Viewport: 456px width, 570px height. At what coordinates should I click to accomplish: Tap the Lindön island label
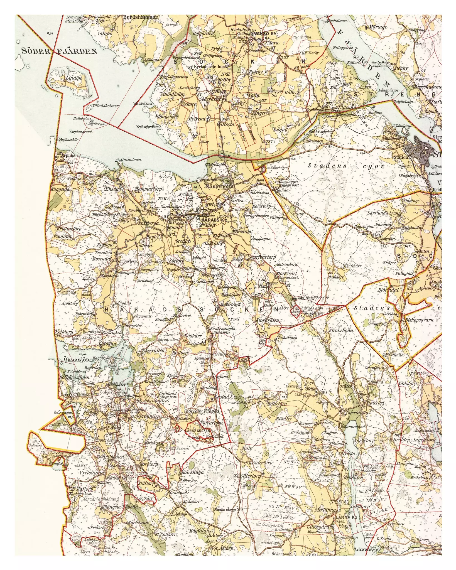click(x=73, y=78)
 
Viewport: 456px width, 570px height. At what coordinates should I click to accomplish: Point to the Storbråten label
click(x=268, y=320)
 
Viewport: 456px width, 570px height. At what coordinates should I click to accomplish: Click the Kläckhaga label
click(x=192, y=472)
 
